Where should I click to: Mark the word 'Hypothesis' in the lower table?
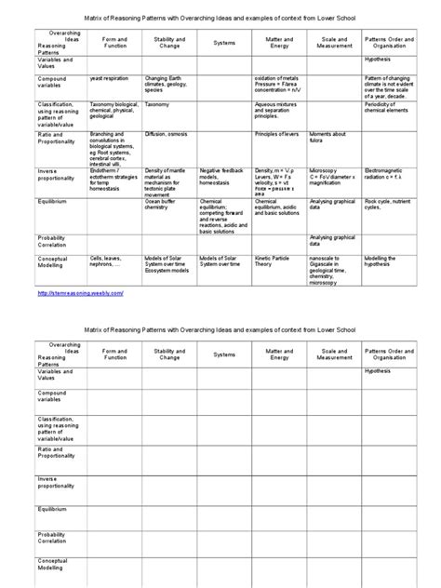pos(379,369)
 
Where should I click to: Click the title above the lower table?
pos(220,329)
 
